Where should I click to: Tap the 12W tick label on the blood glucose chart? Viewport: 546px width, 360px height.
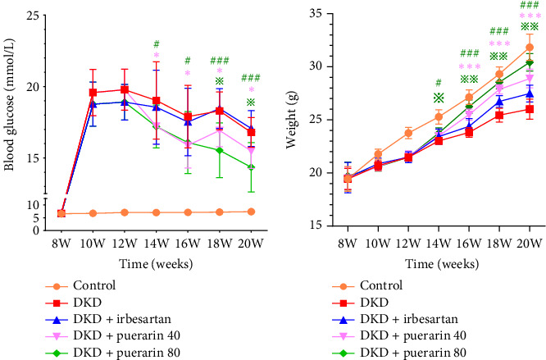124,243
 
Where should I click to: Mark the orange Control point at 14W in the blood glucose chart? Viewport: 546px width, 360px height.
156,212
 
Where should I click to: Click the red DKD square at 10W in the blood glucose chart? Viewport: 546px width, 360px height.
93,92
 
